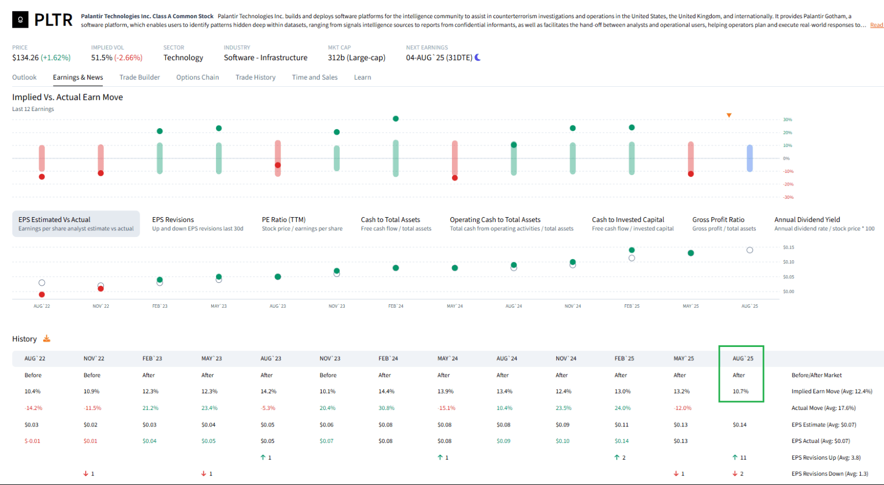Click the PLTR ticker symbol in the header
(x=53, y=20)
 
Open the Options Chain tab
(x=197, y=77)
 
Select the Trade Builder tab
(x=139, y=77)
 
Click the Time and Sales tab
(x=314, y=77)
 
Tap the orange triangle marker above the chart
(x=729, y=115)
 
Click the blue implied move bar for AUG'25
(x=749, y=158)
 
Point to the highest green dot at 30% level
(x=396, y=119)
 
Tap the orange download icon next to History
(x=46, y=339)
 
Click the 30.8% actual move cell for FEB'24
(x=386, y=408)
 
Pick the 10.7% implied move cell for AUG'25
(x=740, y=391)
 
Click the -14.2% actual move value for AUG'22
(x=33, y=408)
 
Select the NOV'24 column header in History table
(x=566, y=359)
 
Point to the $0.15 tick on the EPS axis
(x=788, y=247)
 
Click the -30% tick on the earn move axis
(x=788, y=197)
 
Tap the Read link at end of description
(x=876, y=25)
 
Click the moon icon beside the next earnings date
(x=478, y=57)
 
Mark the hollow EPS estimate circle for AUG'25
(x=749, y=250)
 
